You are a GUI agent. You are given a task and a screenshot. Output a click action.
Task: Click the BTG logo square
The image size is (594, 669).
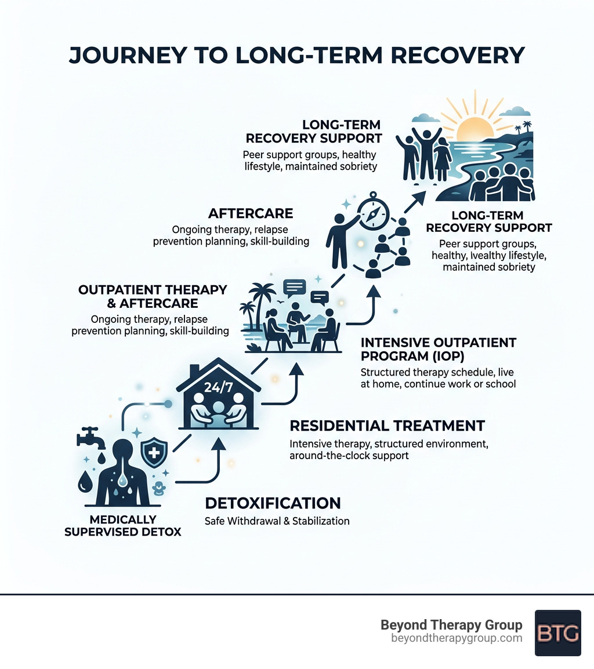pyautogui.click(x=557, y=632)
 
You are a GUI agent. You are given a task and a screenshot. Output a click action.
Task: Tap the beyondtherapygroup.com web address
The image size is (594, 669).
pyautogui.click(x=457, y=638)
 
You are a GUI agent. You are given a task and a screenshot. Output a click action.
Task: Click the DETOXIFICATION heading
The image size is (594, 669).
pyautogui.click(x=273, y=503)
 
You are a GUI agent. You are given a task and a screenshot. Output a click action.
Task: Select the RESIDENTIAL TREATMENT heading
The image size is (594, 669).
pyautogui.click(x=387, y=426)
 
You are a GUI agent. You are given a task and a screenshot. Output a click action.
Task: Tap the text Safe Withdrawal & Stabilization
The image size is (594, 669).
pyautogui.click(x=277, y=521)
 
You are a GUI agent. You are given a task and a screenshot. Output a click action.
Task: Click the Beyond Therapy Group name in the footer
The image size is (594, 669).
pyautogui.click(x=451, y=625)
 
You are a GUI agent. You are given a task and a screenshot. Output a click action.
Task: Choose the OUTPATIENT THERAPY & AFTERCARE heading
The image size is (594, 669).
pyautogui.click(x=153, y=296)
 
